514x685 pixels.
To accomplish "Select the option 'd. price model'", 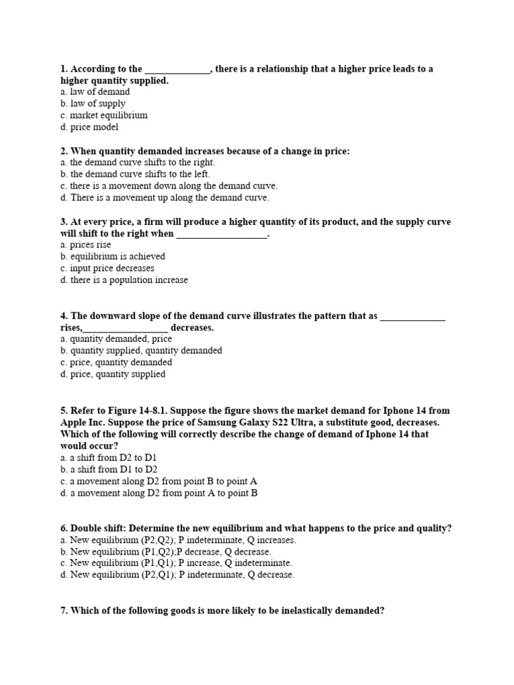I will tap(89, 127).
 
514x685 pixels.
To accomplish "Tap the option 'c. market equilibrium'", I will tap(103, 115).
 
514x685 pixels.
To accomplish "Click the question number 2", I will tap(64, 151).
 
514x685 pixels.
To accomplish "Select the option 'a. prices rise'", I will tap(86, 245).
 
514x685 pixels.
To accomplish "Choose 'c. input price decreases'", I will tap(107, 268).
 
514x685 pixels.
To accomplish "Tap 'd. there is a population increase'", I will tap(124, 280).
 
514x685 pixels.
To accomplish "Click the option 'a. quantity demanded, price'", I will tap(116, 339).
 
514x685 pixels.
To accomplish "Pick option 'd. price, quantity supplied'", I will tap(112, 374).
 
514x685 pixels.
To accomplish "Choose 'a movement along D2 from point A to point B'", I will tap(164, 493).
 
